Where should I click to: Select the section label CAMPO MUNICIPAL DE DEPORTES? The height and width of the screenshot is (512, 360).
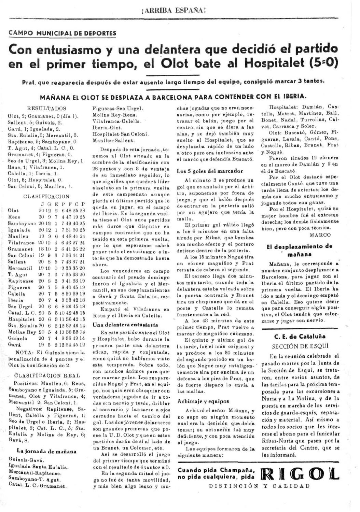(x=62, y=33)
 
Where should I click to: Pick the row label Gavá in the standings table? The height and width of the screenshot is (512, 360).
(x=13, y=345)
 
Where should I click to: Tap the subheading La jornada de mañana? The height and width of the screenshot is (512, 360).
(x=47, y=451)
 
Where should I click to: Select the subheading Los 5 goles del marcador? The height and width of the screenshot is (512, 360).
(x=210, y=171)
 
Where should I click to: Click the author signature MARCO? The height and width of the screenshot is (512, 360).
(x=320, y=235)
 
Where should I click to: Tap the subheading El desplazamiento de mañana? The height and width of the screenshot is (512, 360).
(x=300, y=250)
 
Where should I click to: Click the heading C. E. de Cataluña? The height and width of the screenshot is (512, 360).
(x=300, y=336)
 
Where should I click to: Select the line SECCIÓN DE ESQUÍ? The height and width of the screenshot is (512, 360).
(x=300, y=346)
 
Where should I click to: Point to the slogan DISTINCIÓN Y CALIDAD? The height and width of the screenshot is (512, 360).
(x=260, y=486)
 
